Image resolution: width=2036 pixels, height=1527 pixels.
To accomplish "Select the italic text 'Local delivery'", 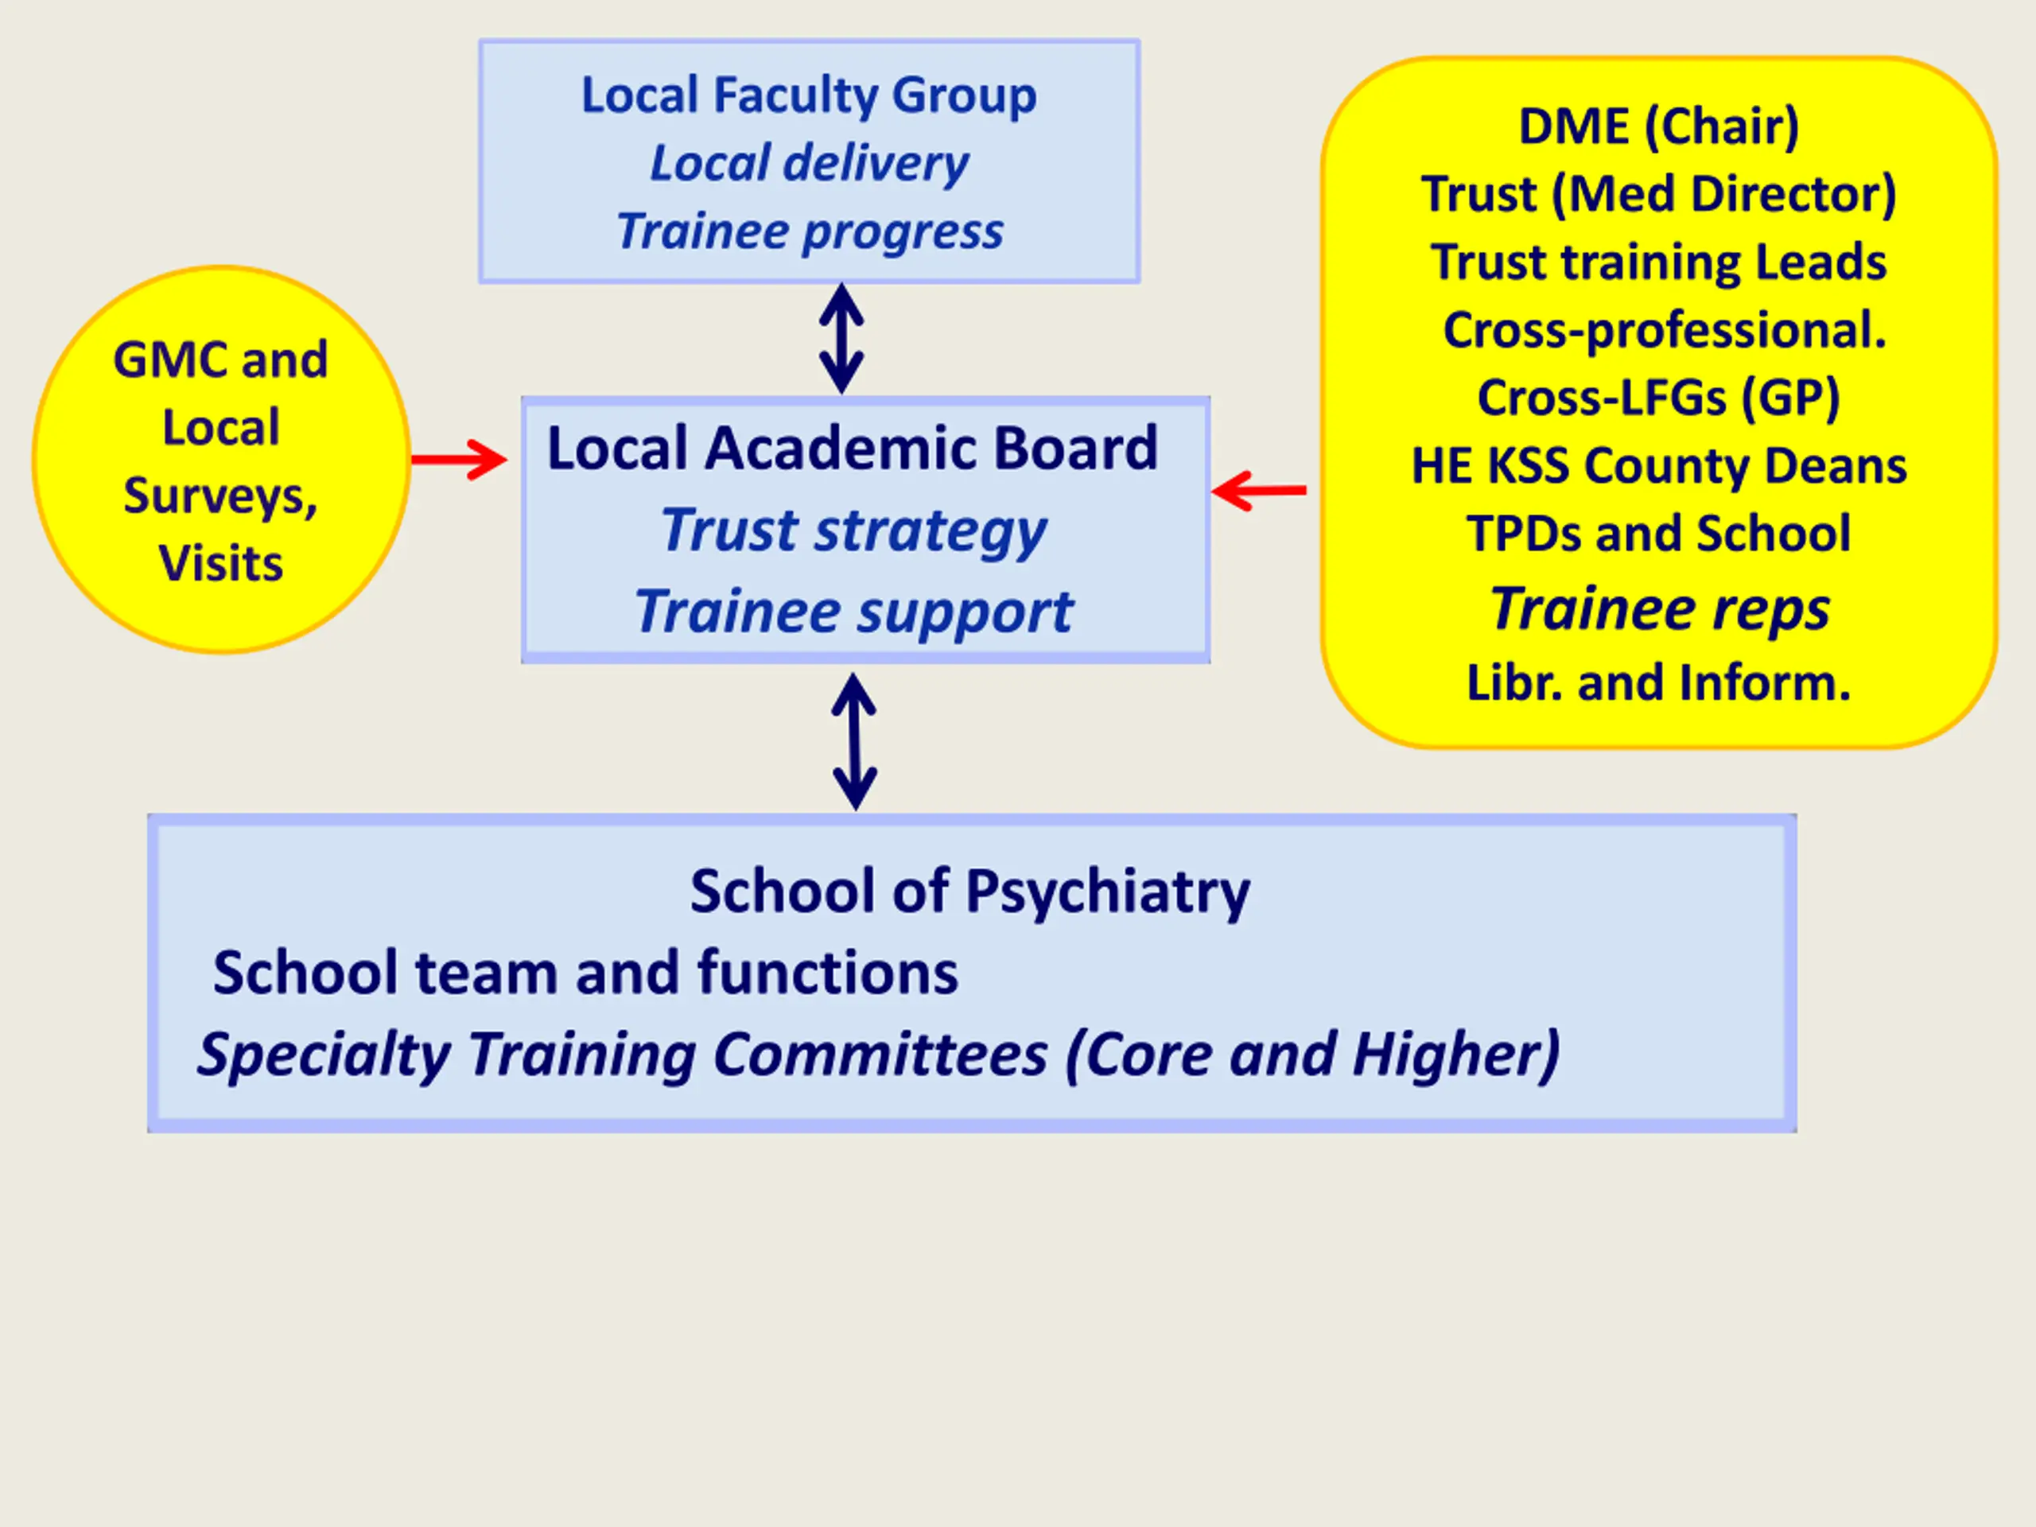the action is tap(809, 164).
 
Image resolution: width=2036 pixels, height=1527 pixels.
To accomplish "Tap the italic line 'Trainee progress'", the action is tap(810, 231).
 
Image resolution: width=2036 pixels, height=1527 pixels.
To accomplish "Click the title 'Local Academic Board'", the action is tap(853, 449).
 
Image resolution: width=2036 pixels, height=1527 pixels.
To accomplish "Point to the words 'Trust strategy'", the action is tap(853, 532).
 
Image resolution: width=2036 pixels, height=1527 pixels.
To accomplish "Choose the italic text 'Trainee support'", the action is tap(853, 612).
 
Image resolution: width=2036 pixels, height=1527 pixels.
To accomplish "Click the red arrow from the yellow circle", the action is tap(458, 460).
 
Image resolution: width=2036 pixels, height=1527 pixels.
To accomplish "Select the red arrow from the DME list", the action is tap(1258, 490).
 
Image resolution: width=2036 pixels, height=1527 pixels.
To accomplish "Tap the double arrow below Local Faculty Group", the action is tap(841, 338).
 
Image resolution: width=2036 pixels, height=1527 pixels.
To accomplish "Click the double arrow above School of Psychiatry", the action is tap(854, 741).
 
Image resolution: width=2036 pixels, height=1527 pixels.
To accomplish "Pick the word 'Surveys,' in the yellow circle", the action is tap(221, 497).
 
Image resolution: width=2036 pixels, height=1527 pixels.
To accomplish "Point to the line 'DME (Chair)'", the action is tap(1658, 127).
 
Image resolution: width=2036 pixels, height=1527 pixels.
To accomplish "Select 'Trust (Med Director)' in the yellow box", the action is tap(1658, 194).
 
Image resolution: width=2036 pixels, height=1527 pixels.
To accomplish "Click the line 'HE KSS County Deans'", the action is tap(1658, 467).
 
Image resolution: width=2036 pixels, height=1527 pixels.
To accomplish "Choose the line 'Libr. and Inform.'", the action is tap(1658, 683).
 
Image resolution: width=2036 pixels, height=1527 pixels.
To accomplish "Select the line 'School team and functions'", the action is tap(585, 973).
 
